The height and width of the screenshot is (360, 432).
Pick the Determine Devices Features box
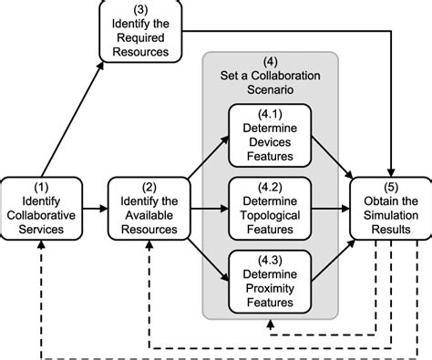[272, 136]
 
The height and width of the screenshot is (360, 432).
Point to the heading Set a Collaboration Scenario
[271, 74]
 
